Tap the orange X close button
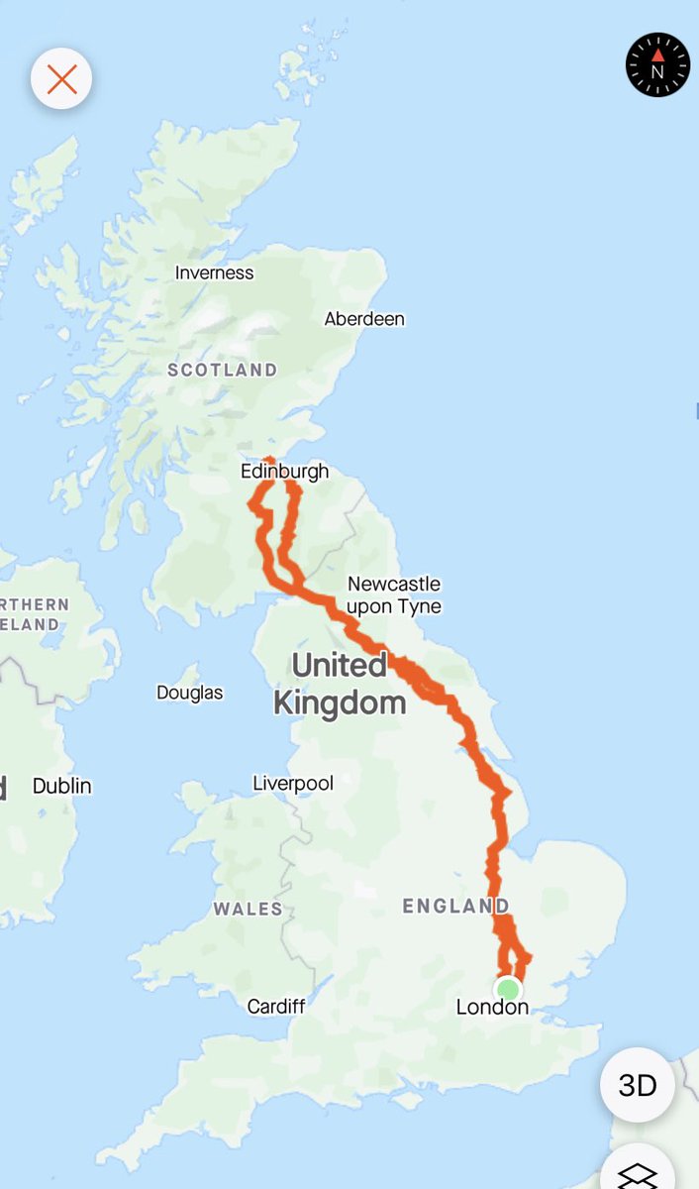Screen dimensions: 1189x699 coord(61,79)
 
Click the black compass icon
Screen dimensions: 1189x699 coord(657,64)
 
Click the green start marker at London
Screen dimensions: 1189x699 coord(508,989)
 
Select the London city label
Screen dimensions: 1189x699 coord(492,1008)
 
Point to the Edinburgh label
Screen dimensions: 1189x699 coord(284,472)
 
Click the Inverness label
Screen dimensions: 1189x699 coord(214,272)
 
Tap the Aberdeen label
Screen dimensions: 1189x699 coord(364,319)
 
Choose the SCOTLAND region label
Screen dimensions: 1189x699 coord(222,370)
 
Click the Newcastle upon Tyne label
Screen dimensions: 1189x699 coord(394,595)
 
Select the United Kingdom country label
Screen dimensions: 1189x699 coord(339,684)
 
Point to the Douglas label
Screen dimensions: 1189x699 coord(189,693)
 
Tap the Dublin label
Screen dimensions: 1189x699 coord(61,786)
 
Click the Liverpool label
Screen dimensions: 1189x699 coord(293,783)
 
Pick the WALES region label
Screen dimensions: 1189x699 coord(247,908)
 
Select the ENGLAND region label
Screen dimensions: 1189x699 coord(455,906)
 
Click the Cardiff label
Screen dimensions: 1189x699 coord(276,1007)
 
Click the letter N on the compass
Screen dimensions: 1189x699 coord(657,72)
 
